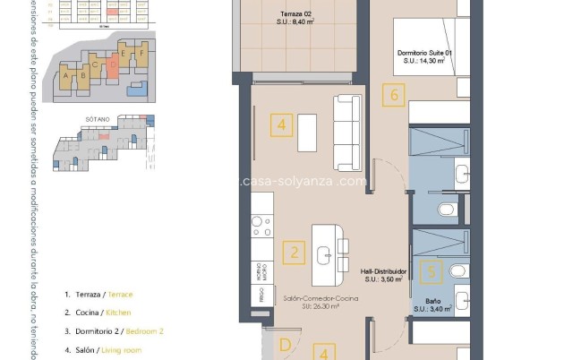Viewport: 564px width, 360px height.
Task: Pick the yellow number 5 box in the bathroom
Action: pos(432,270)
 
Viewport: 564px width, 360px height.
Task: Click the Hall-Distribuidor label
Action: pos(384,274)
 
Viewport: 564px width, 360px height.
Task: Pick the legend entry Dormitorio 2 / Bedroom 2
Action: pos(114,331)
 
